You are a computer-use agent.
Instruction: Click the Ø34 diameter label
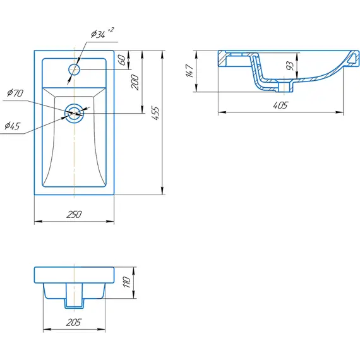click(x=98, y=35)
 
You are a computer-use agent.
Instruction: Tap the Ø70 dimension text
click(x=15, y=93)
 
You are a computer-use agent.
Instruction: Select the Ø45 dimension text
click(x=13, y=126)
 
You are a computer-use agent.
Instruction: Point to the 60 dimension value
click(x=123, y=60)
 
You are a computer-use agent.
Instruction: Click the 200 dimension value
click(x=135, y=82)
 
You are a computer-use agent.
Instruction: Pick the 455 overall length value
click(x=155, y=113)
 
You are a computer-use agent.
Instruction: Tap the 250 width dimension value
click(x=74, y=215)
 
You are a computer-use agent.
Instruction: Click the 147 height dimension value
click(x=190, y=71)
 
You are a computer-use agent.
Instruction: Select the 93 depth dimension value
click(x=290, y=66)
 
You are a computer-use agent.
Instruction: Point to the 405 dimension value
click(x=280, y=105)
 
